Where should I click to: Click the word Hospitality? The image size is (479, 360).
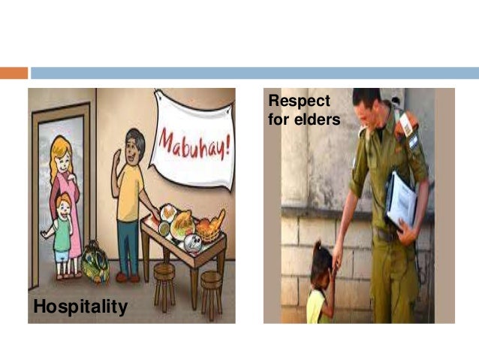coord(80,307)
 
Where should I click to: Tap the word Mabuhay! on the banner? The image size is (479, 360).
coord(194,142)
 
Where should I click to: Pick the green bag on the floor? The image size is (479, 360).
coord(95,262)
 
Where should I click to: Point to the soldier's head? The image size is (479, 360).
coord(368,109)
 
